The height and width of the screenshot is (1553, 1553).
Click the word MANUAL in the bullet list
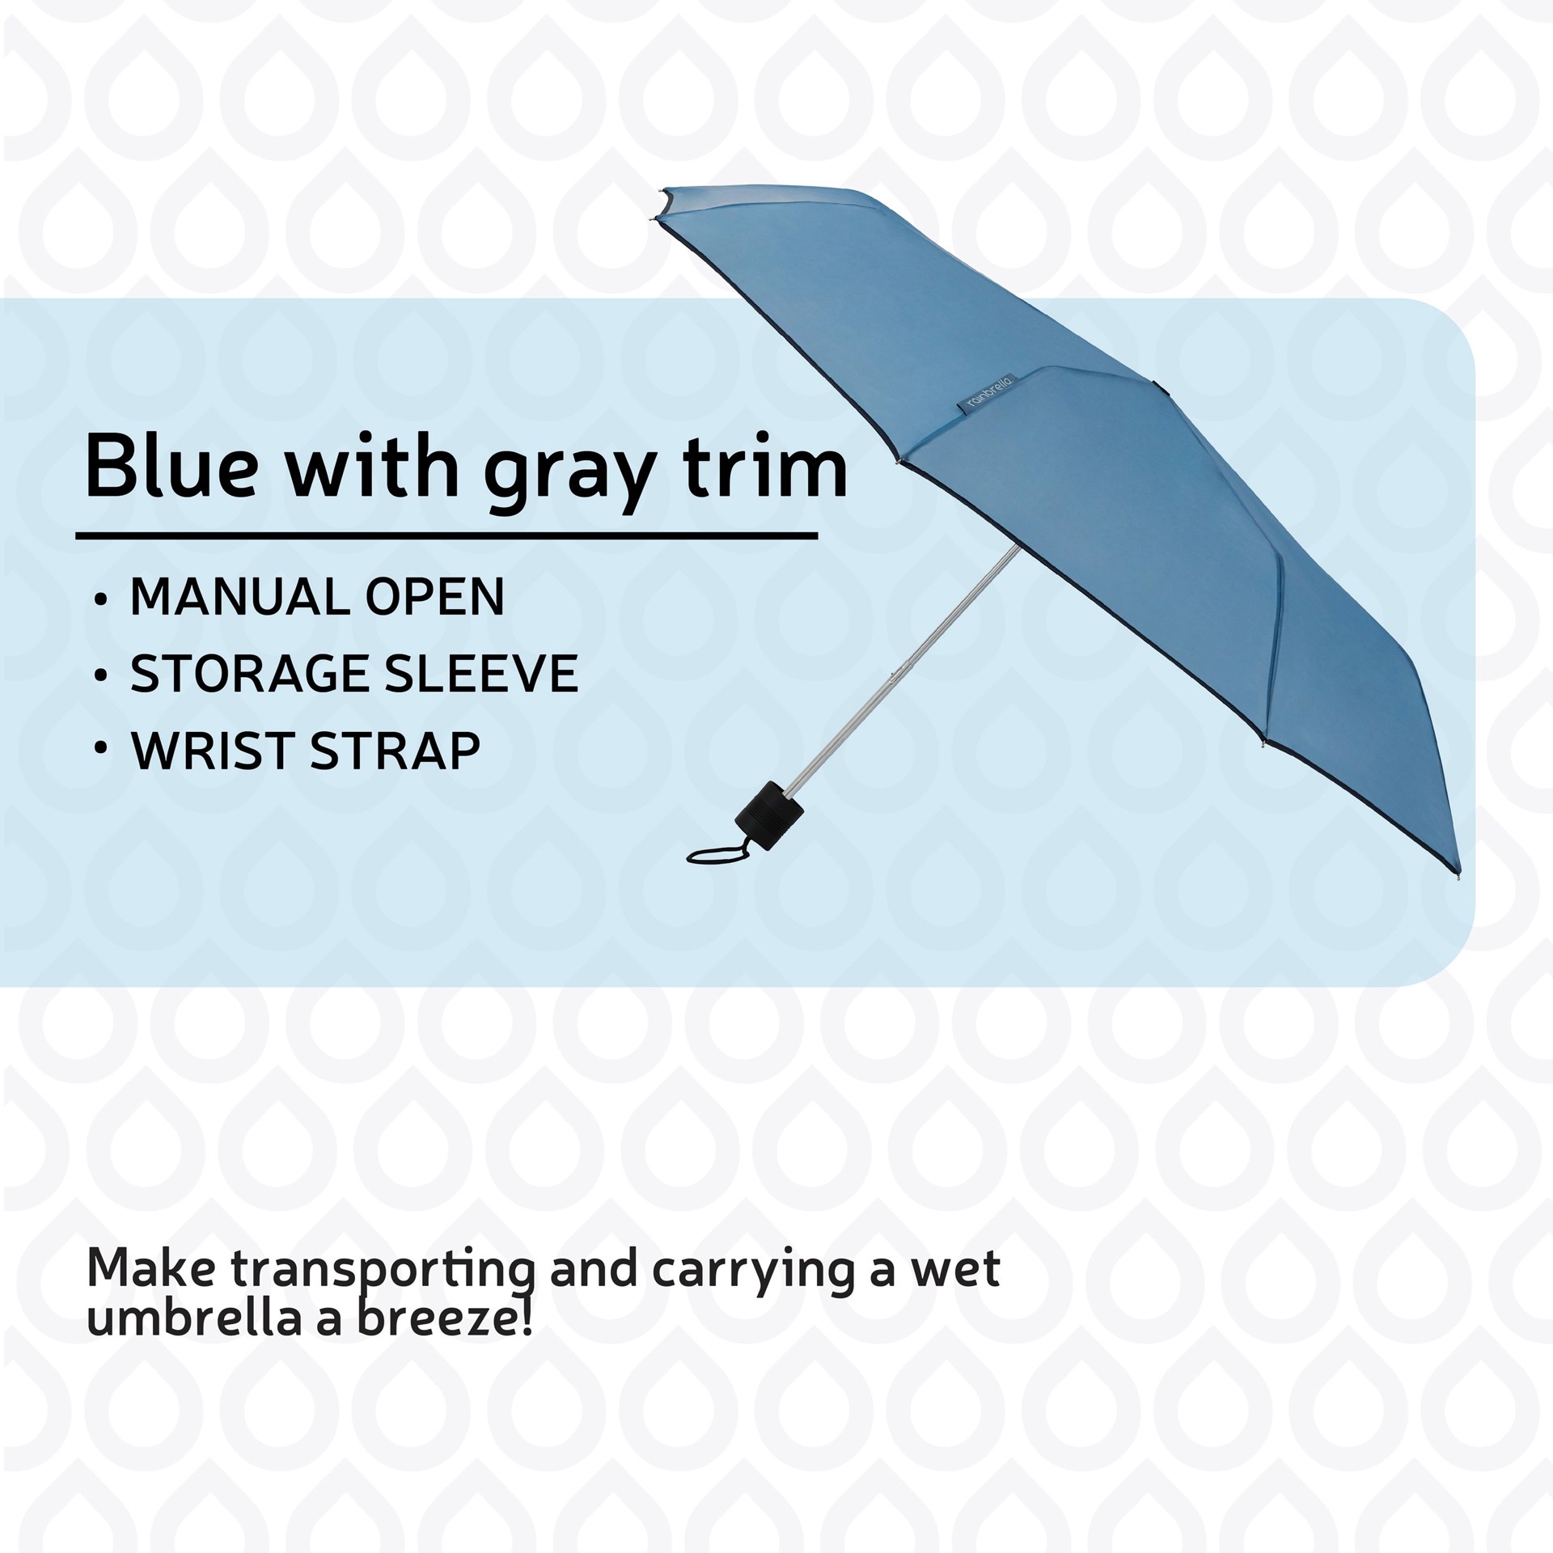coord(240,598)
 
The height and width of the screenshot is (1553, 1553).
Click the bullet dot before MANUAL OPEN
coord(100,601)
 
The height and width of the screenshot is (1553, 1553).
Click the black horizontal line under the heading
coord(445,535)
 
